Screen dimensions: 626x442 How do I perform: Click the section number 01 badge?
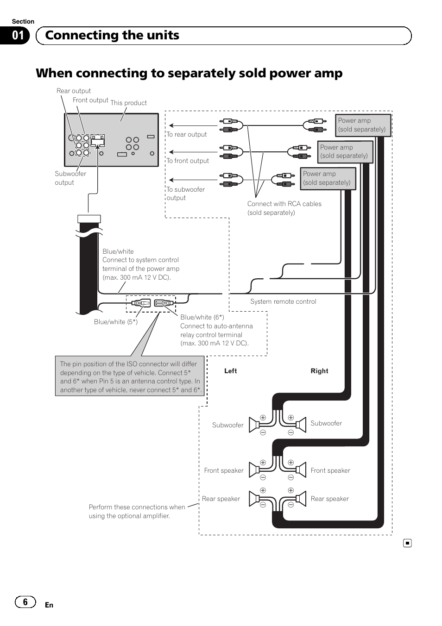coord(17,36)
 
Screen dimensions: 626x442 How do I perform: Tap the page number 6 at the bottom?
coord(25,601)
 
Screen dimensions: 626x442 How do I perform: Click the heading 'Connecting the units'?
coord(112,36)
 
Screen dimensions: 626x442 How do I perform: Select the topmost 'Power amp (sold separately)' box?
coord(362,125)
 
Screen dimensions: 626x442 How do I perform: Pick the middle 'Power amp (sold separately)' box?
coord(344,151)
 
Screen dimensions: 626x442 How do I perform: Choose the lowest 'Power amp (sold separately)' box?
coord(327,178)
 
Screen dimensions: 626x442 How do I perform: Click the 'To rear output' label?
coord(186,135)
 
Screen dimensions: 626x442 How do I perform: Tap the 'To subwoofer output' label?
coord(185,194)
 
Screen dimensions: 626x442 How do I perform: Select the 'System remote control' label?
coord(283,301)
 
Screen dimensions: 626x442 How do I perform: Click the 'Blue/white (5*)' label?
coord(115,322)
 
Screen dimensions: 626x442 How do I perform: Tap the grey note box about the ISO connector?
coord(130,376)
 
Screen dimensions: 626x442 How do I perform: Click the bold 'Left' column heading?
coord(230,371)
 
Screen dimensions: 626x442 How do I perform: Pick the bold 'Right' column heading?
coord(319,371)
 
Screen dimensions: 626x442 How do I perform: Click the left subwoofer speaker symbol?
coord(254,425)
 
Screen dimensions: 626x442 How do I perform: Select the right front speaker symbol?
coord(301,470)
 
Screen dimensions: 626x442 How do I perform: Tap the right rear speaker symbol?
coord(301,499)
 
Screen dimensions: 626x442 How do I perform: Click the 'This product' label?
coord(128,103)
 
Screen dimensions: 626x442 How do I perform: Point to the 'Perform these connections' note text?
coord(136,511)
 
